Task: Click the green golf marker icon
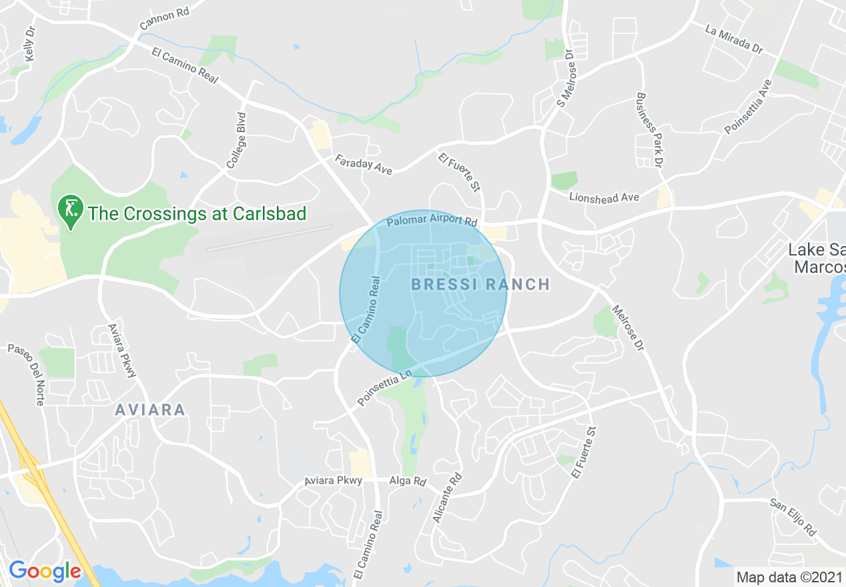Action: [x=69, y=209]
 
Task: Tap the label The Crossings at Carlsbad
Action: [x=197, y=214]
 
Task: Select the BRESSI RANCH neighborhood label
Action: [x=480, y=285]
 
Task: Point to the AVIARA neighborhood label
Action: [x=150, y=410]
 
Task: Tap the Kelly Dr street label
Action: [x=29, y=45]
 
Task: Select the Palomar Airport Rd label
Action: [x=432, y=219]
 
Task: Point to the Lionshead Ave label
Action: [x=604, y=197]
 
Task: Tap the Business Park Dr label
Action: [x=651, y=130]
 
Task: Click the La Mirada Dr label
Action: [x=734, y=39]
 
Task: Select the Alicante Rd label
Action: [x=447, y=498]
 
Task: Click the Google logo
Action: [x=45, y=571]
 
